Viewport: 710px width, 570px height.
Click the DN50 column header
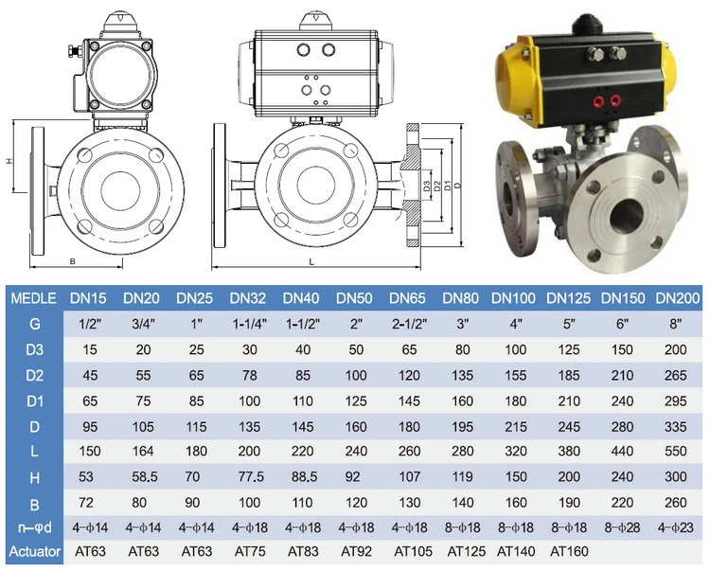354,298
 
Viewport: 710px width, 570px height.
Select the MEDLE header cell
33,298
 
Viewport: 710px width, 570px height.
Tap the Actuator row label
34,551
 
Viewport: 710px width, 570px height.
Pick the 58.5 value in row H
145,476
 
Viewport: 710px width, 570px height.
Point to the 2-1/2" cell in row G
409,324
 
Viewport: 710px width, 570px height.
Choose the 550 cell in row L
675,452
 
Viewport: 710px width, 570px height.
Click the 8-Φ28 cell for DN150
622,528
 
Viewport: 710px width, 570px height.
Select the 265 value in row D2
675,375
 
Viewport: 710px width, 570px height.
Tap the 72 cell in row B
85,503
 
